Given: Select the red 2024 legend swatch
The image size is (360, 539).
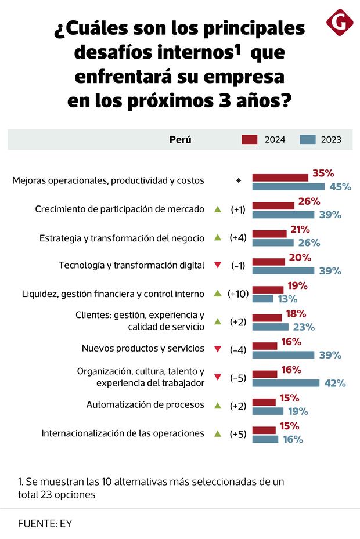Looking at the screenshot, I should click(x=250, y=140).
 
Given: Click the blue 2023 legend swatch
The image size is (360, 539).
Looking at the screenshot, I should click(x=308, y=140).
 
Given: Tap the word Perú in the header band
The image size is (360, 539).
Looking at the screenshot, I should click(x=180, y=140).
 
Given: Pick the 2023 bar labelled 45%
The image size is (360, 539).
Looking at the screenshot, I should click(x=289, y=187).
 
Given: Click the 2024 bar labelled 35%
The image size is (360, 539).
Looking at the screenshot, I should click(x=280, y=178).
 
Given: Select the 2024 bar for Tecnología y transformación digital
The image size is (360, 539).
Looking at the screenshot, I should click(x=269, y=262).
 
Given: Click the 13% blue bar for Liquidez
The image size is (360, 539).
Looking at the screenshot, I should click(x=262, y=299).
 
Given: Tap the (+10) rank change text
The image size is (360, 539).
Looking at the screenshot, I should click(x=238, y=294).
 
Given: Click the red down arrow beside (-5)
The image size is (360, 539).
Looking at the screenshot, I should click(x=218, y=378).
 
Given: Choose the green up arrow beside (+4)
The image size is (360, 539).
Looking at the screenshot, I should click(x=218, y=237).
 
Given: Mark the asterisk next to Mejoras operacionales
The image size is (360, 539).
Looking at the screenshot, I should click(x=238, y=181).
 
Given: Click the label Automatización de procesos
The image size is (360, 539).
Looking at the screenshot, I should click(x=145, y=404).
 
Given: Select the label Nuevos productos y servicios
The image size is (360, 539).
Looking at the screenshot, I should click(x=143, y=348).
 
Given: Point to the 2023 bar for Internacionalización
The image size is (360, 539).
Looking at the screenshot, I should click(x=265, y=439).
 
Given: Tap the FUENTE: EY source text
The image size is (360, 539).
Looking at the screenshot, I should click(x=45, y=523).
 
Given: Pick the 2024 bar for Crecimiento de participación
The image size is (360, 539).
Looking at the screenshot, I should click(x=273, y=205).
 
